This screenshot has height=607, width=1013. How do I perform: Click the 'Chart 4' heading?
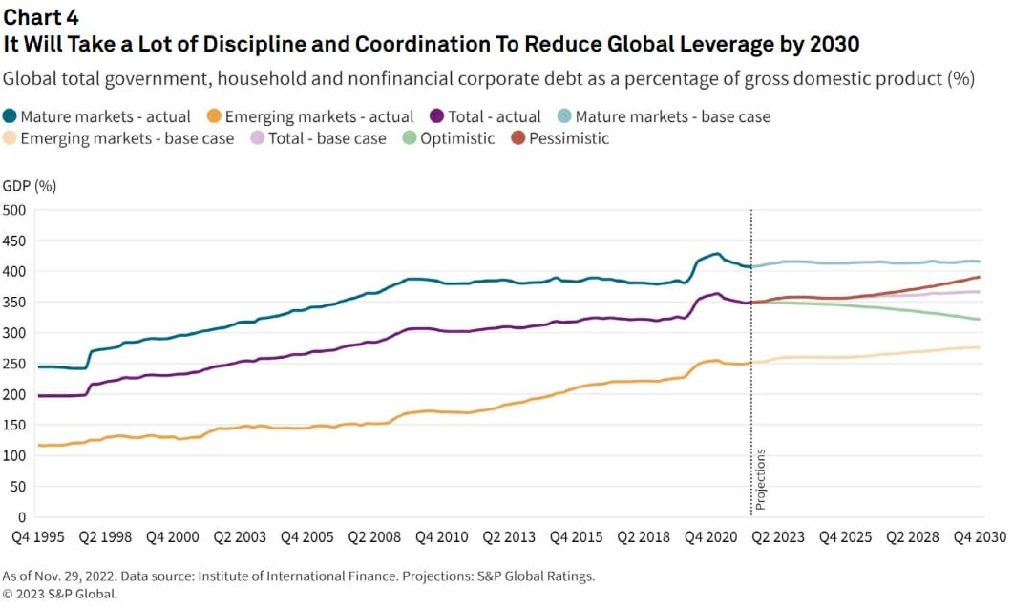42,17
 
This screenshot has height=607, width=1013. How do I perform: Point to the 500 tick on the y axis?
16,210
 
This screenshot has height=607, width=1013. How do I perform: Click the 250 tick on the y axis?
16,364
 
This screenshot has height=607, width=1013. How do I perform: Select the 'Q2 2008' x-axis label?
374,537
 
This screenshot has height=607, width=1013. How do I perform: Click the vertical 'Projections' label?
761,480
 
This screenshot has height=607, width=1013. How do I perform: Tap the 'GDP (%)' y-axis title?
29,186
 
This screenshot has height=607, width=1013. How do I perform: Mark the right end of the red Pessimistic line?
979,277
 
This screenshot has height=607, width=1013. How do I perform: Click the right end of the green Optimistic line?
979,319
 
